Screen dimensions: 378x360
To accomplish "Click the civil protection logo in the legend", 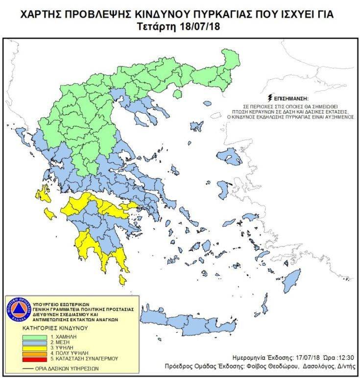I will (18, 308).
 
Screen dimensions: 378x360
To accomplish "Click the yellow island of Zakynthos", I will (49, 213).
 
